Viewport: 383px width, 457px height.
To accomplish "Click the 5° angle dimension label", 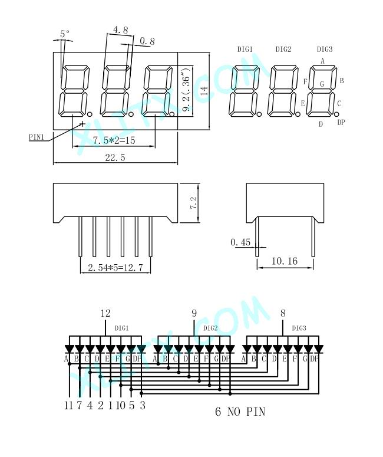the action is coord(65,34).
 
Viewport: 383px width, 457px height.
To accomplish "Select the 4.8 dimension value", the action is coord(120,29).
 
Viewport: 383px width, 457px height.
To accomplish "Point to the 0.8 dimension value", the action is coord(147,41).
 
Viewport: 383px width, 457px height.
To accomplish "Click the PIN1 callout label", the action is coord(37,137).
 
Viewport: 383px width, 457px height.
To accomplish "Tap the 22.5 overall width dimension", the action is coord(115,157).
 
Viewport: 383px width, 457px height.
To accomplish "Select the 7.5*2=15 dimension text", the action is coord(114,140).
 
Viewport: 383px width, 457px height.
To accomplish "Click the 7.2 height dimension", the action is coord(194,203).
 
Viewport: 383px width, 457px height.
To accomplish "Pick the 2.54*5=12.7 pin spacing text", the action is coord(115,268).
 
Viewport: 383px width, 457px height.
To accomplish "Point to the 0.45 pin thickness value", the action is coord(240,242).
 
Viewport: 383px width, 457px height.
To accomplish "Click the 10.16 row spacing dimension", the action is coord(285,261).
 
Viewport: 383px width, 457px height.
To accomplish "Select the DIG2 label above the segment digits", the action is coord(283,50).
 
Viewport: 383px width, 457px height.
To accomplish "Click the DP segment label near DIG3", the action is coord(341,123).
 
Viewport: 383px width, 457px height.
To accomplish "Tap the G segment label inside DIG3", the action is coord(322,84).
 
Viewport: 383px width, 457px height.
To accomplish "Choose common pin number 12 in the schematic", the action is coord(105,313).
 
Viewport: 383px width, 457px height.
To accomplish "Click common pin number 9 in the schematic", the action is coord(194,313).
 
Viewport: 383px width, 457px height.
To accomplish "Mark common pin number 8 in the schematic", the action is coord(283,313).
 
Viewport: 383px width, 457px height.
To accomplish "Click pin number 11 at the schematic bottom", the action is coord(68,406).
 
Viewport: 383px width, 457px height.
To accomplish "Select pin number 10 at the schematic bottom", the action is coord(120,406).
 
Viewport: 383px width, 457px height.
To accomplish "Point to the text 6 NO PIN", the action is coord(240,412).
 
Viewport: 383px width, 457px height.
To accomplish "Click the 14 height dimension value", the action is coord(204,91).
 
